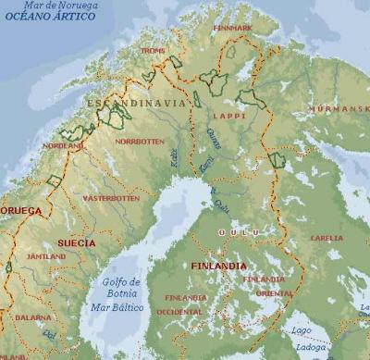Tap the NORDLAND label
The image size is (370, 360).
[63, 145]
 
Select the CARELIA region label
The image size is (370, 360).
[327, 238]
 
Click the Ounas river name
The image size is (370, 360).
[215, 138]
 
